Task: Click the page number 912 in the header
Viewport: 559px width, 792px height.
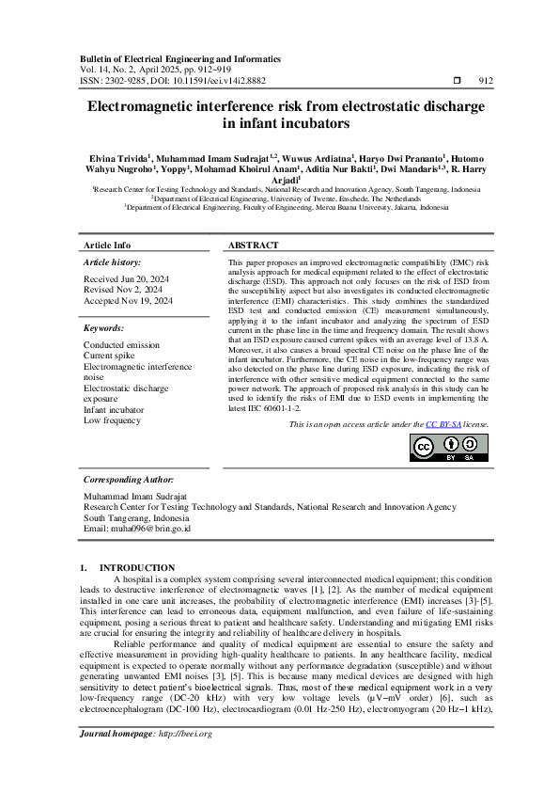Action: tap(486, 82)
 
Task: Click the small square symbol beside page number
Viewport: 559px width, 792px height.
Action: tap(458, 82)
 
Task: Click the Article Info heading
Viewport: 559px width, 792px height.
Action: tap(104, 245)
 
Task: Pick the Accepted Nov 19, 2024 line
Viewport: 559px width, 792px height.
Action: tap(129, 300)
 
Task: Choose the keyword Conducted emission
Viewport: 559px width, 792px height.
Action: tap(121, 345)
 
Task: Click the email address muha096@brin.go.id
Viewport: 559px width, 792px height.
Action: tap(137, 529)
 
